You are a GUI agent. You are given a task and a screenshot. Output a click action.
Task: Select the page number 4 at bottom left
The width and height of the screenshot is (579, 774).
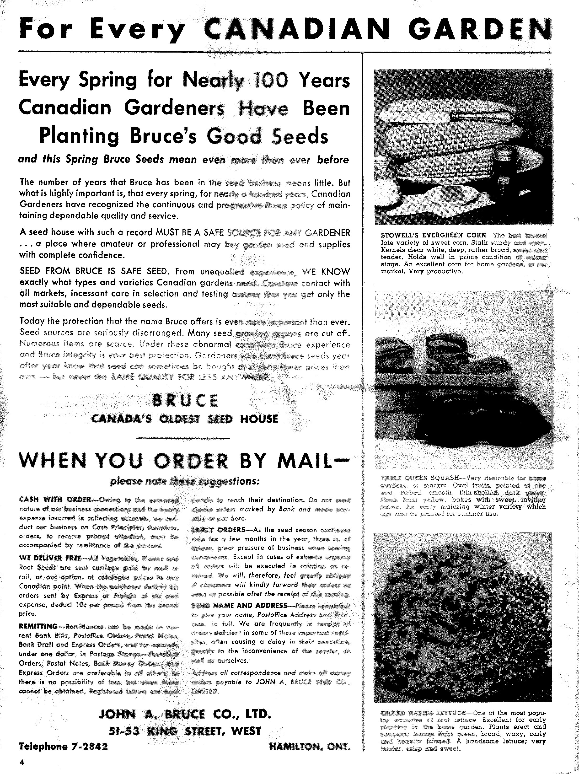tap(21, 763)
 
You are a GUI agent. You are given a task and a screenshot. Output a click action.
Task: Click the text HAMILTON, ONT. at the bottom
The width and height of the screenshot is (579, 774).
tap(310, 747)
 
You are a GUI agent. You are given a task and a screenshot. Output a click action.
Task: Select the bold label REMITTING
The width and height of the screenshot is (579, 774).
tap(38, 626)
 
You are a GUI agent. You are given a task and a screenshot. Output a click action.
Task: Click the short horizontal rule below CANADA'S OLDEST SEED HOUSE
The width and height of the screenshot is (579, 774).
tap(183, 438)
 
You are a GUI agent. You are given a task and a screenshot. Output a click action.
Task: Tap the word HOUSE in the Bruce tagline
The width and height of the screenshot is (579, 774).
tap(259, 419)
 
